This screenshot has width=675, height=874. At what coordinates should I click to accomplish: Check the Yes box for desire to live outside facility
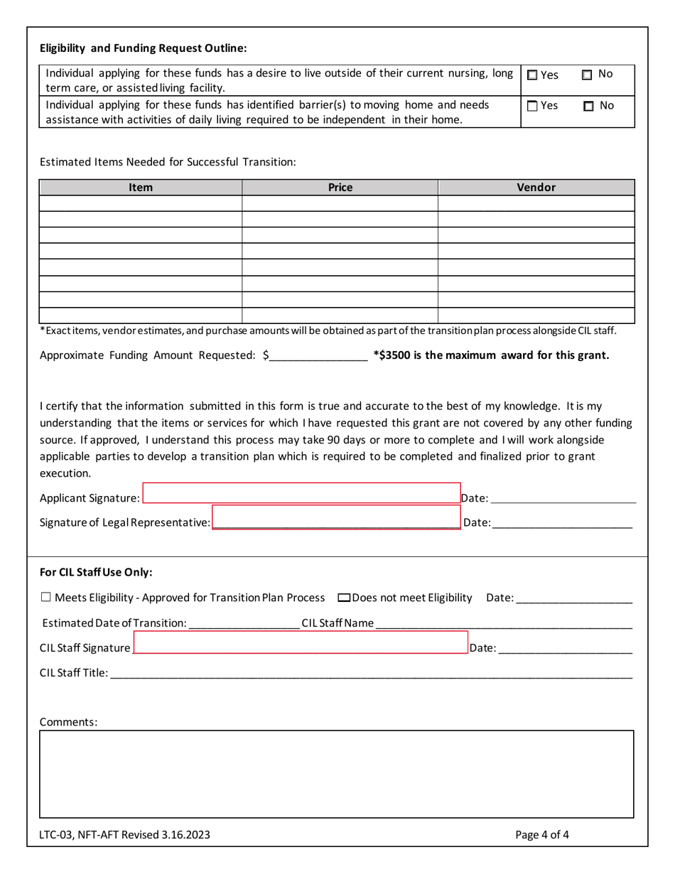click(x=533, y=75)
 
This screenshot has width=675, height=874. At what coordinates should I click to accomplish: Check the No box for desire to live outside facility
click(x=587, y=75)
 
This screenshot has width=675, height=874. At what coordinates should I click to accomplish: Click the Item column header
click(x=141, y=188)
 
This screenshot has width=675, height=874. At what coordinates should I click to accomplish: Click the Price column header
click(x=340, y=188)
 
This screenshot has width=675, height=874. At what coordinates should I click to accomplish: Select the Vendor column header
click(x=536, y=188)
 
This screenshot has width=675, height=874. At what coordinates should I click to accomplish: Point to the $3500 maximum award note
click(x=491, y=355)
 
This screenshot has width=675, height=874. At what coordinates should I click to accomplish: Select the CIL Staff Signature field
click(x=300, y=643)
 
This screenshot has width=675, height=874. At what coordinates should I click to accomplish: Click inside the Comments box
click(x=336, y=774)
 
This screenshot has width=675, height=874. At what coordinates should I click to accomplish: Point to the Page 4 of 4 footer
click(x=542, y=835)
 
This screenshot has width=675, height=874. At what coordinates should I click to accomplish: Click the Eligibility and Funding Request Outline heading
click(x=144, y=48)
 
